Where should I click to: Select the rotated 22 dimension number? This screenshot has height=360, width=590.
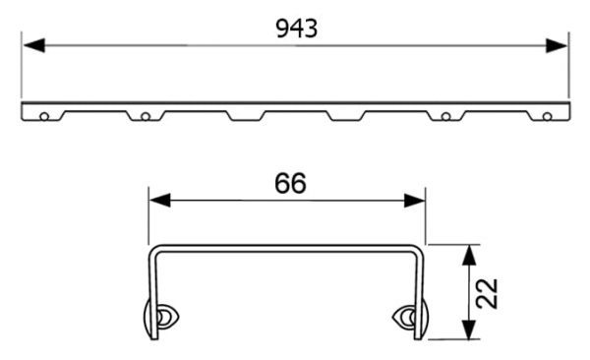487,292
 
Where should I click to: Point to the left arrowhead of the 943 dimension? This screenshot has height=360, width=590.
29,45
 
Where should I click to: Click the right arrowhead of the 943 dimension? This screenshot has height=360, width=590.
560,45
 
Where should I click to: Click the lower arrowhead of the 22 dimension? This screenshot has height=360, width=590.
469,331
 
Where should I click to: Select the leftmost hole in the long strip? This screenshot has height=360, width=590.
44,116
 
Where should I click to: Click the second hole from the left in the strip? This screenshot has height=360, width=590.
145,116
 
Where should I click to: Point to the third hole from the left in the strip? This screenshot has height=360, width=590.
445,116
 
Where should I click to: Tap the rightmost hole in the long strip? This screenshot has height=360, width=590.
547,116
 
